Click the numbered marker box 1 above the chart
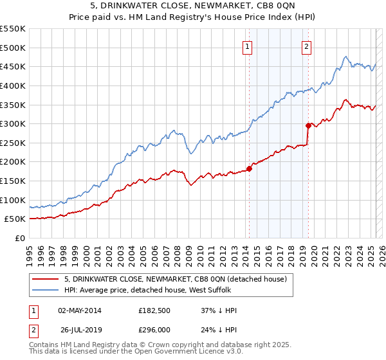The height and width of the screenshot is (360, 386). point(248,46)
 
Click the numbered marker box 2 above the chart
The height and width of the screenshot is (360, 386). point(307,46)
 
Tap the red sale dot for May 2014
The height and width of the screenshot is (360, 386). point(249,169)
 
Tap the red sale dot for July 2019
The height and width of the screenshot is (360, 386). point(308,125)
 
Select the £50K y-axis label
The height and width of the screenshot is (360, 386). point(15,219)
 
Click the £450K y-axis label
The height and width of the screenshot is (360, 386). point(14,66)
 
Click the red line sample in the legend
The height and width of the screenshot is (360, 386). point(46,279)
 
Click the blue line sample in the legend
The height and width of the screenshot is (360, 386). point(46,291)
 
